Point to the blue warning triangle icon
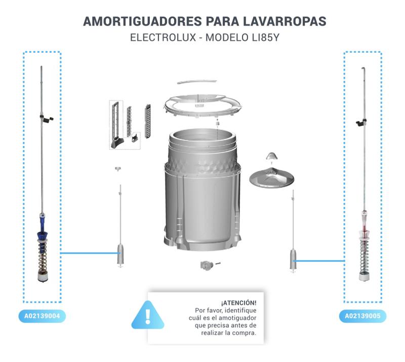click(x=148, y=314)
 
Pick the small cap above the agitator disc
click(x=271, y=155)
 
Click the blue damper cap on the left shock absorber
click(x=42, y=233)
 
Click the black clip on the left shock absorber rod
click(x=48, y=119)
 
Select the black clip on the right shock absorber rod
click(x=360, y=122)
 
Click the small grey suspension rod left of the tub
click(x=120, y=223)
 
